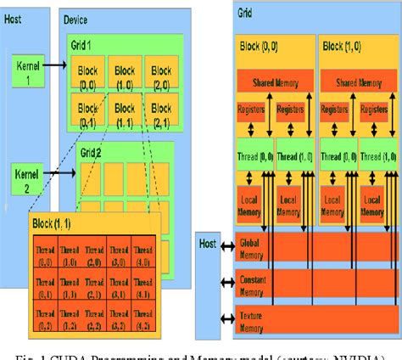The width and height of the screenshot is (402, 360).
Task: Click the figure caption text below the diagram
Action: (x=201, y=353)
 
